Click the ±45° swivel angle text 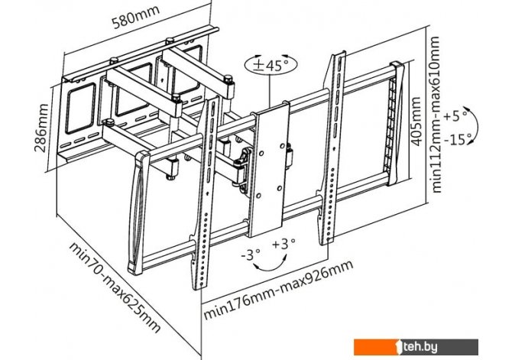click(x=269, y=66)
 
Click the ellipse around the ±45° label click(x=269, y=66)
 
